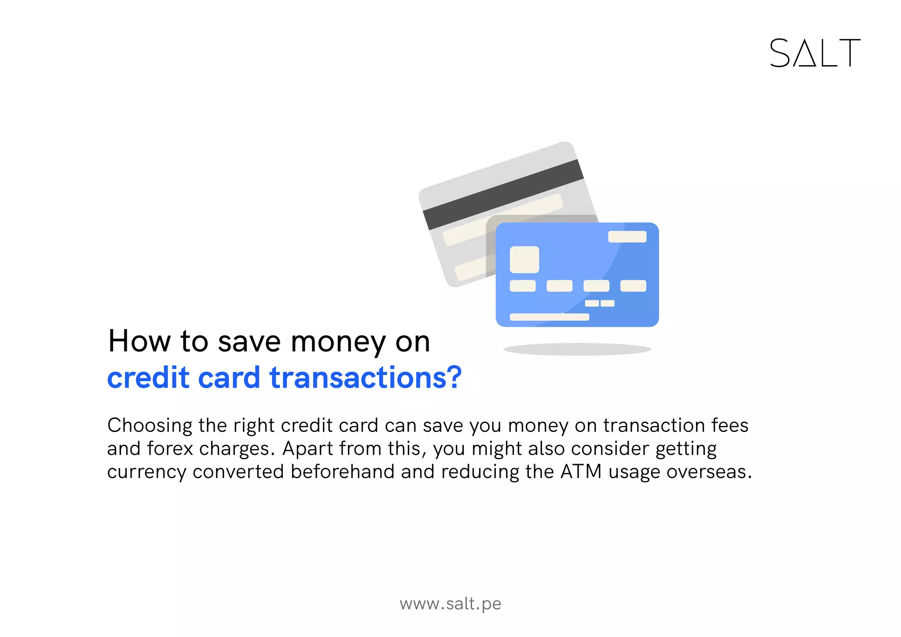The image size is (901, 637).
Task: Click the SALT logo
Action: pyautogui.click(x=815, y=53)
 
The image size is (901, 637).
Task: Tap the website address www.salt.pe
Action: pyautogui.click(x=450, y=604)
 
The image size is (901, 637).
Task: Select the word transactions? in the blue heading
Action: pyautogui.click(x=366, y=378)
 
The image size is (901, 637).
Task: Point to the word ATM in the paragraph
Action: pyautogui.click(x=581, y=472)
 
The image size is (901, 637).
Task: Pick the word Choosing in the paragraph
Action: pyautogui.click(x=150, y=426)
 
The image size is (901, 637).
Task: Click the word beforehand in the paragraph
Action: pyautogui.click(x=343, y=472)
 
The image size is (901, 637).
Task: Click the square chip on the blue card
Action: pyautogui.click(x=524, y=260)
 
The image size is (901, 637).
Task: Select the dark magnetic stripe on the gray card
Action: pyautogui.click(x=503, y=194)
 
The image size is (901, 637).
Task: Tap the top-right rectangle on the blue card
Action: pyautogui.click(x=627, y=237)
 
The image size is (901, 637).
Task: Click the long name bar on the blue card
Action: pyautogui.click(x=549, y=317)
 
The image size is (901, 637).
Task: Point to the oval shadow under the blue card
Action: pyautogui.click(x=577, y=349)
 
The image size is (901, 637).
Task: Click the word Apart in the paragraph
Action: pyautogui.click(x=308, y=449)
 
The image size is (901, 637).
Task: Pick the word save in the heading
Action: pyautogui.click(x=249, y=342)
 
